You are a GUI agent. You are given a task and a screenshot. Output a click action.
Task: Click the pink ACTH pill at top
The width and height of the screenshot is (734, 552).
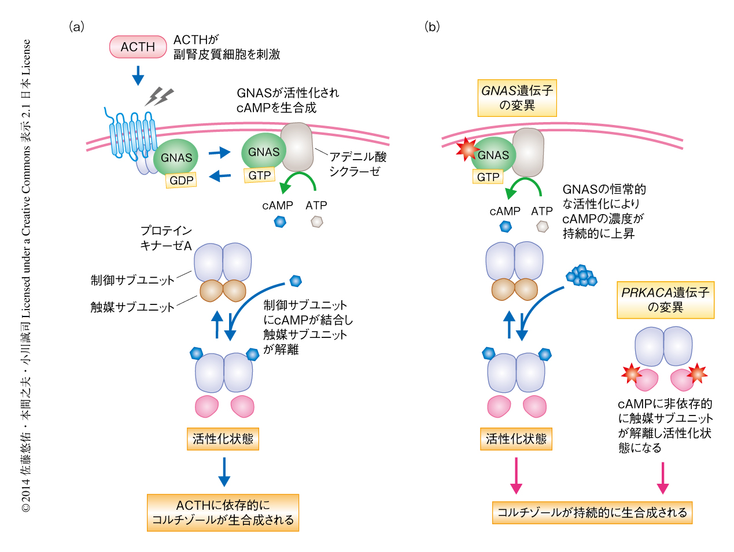(138, 47)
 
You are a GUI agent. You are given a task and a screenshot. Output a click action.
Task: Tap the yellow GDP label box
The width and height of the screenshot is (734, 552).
(181, 180)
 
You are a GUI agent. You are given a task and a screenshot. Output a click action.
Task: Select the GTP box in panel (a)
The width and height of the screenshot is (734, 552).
(259, 175)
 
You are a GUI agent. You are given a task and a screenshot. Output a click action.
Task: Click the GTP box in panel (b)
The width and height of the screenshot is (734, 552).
(488, 176)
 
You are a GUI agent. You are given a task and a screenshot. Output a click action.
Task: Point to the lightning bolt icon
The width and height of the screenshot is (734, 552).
(159, 96)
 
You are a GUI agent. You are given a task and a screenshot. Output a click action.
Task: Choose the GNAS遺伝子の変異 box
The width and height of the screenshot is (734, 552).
(517, 98)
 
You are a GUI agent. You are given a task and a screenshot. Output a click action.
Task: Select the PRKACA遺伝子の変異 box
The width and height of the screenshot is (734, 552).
(665, 300)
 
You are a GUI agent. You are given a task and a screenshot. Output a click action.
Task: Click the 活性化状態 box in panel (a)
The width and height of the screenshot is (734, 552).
(223, 439)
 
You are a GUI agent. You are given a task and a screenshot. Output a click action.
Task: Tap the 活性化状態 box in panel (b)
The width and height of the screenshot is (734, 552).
(516, 439)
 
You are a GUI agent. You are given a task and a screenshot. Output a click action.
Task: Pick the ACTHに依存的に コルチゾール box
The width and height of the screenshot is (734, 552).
(223, 513)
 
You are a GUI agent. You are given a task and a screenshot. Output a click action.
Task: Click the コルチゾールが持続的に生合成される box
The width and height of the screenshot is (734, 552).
(592, 512)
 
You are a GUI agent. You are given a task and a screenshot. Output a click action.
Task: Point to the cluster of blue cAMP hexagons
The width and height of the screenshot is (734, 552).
(581, 275)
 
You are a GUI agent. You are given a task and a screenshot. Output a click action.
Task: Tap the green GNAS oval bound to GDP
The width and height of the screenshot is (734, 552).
(176, 157)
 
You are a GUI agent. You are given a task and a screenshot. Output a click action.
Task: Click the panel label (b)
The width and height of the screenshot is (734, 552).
(431, 27)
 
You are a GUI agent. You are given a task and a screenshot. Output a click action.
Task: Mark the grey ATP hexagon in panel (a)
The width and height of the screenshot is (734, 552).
(316, 221)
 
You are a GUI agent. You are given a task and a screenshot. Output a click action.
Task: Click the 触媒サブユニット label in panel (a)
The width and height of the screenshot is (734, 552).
(132, 307)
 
